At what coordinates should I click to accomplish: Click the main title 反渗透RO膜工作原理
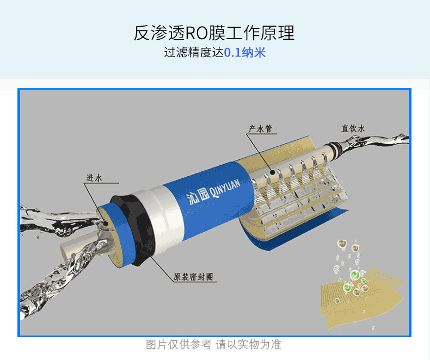coord(214,33)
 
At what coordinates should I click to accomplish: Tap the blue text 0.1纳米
coord(245,52)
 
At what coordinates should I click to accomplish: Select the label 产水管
coord(260,128)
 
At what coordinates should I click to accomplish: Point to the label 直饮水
coord(353,128)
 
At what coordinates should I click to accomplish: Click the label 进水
coord(94,178)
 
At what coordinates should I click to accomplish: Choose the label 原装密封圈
coord(193,277)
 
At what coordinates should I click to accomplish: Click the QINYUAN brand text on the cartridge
coord(225,189)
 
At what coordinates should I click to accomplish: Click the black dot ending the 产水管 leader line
coord(272,172)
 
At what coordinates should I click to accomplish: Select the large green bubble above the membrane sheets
coord(354,275)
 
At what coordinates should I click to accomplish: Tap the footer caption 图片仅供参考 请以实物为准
coord(213,344)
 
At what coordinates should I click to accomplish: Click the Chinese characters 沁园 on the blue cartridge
coord(198,196)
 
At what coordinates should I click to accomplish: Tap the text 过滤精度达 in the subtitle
coord(194,52)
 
